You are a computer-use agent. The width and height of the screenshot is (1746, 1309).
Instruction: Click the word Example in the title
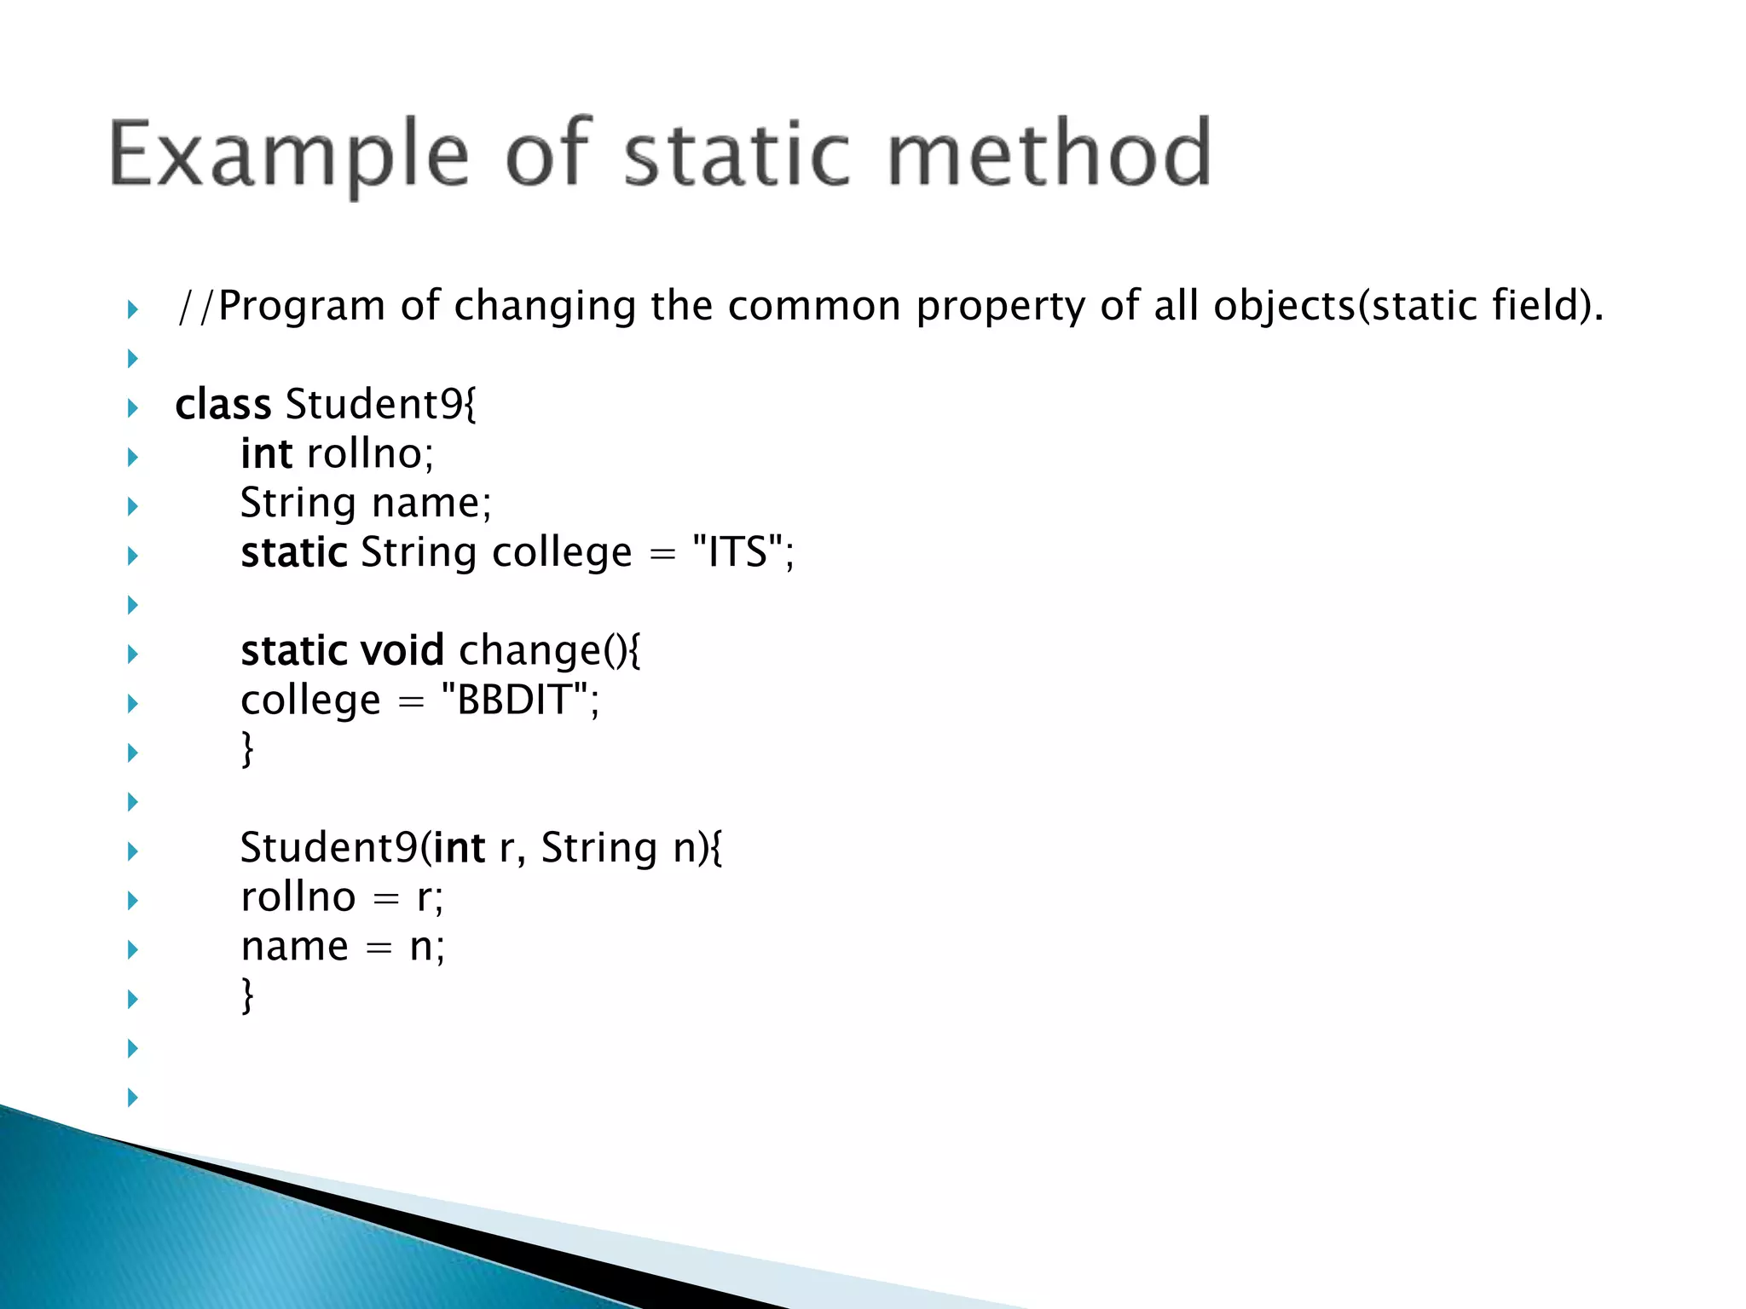click(x=288, y=154)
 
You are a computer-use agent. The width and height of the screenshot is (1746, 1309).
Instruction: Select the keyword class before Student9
click(x=223, y=404)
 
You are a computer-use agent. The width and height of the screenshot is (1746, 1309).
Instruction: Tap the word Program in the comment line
click(x=302, y=306)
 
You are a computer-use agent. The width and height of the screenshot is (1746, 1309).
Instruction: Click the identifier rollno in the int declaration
click(x=365, y=453)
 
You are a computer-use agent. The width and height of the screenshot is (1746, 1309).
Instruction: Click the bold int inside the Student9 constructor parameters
click(x=459, y=848)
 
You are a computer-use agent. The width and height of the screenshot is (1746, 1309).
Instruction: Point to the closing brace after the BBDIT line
click(x=247, y=749)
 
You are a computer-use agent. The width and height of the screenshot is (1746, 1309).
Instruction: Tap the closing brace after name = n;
click(x=247, y=995)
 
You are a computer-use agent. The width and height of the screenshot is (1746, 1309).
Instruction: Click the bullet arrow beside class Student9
click(x=132, y=407)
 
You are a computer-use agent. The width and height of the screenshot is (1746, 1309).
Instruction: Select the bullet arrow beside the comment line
click(x=132, y=309)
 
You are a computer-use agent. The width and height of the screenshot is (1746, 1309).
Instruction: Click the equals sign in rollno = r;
click(x=386, y=898)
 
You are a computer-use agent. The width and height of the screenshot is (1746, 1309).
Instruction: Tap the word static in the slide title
click(x=737, y=154)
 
